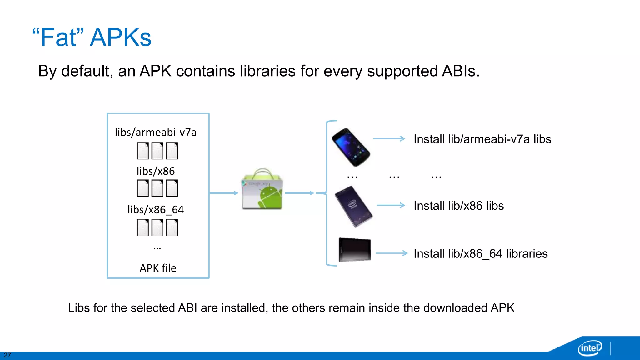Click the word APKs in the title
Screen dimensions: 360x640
(121, 38)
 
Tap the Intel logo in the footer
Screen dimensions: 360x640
(590, 348)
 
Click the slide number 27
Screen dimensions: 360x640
(7, 355)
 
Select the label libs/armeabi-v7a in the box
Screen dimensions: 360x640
(156, 132)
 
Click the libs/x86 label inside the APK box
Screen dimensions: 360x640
(156, 171)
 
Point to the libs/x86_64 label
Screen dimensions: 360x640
(156, 210)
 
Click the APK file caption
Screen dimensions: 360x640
(158, 268)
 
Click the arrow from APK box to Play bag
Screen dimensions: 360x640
(224, 193)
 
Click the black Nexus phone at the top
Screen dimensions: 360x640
(351, 147)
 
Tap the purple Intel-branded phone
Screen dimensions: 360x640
(353, 206)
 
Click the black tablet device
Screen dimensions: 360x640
(355, 250)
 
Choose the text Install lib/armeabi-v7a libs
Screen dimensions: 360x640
(482, 139)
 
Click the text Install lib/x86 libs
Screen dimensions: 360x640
(458, 206)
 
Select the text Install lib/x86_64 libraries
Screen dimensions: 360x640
(480, 254)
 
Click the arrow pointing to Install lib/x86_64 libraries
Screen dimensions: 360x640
(392, 253)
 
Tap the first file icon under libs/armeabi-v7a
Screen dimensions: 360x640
(143, 151)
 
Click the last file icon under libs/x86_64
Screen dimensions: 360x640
(172, 227)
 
